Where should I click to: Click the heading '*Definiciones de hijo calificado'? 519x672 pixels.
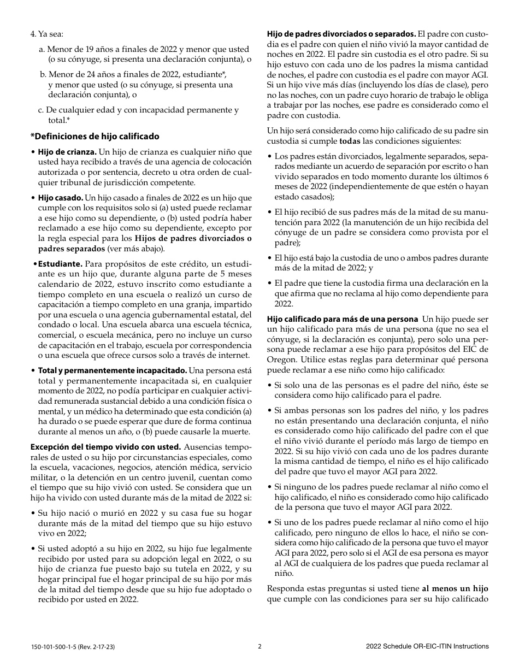coord(95,136)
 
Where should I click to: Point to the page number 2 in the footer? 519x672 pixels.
coord(259,646)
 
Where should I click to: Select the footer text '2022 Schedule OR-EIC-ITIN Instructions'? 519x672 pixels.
coord(427,646)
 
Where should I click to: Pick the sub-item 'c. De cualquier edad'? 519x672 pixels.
coord(138,110)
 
